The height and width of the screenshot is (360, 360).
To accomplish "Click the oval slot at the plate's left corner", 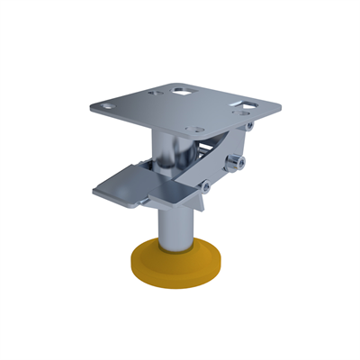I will [111, 105].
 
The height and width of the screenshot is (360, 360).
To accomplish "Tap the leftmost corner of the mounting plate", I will [92, 106].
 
